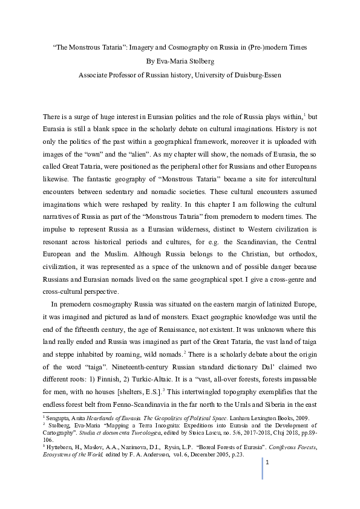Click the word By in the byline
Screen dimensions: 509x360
151,61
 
